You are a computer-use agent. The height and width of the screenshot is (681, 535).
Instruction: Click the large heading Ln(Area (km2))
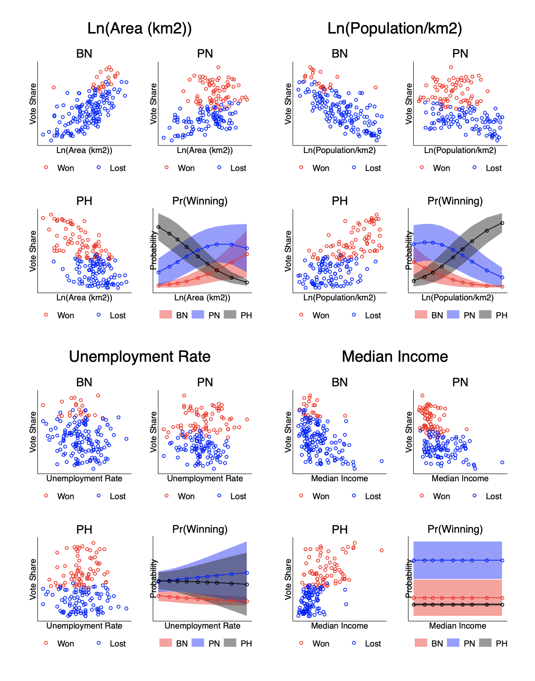click(x=140, y=28)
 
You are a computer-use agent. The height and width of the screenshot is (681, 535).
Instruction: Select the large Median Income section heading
click(x=395, y=357)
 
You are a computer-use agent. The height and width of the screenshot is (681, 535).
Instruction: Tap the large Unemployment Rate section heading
click(x=140, y=357)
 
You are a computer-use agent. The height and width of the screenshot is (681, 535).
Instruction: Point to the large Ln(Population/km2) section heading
click(x=395, y=28)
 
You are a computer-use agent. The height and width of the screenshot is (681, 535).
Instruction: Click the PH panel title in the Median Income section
click(x=340, y=529)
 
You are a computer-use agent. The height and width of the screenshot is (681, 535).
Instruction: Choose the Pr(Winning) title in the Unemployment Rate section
click(x=200, y=529)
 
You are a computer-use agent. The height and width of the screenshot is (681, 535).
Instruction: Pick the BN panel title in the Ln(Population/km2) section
click(x=340, y=54)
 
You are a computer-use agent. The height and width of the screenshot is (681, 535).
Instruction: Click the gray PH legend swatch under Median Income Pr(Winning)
click(x=485, y=643)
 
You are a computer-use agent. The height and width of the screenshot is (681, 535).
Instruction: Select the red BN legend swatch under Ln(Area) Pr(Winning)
click(x=166, y=315)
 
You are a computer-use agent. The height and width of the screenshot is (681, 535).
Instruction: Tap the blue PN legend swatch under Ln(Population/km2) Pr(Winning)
click(x=453, y=315)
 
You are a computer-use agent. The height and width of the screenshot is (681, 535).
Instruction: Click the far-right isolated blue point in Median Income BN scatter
click(x=382, y=461)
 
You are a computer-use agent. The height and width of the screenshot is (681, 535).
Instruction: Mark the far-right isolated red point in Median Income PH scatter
click(x=382, y=550)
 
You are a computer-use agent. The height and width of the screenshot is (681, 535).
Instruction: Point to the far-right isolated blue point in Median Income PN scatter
click(x=502, y=462)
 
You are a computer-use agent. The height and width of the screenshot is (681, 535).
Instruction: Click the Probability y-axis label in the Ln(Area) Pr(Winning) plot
click(x=153, y=250)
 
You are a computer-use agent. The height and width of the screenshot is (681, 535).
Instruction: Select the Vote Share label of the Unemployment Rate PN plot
click(x=153, y=432)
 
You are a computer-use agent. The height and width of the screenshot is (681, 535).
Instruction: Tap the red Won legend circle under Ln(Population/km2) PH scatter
click(x=301, y=315)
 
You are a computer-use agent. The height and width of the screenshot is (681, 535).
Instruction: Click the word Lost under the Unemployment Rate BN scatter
click(x=117, y=496)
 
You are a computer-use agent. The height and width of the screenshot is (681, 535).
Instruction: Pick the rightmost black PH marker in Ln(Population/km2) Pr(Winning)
click(x=502, y=223)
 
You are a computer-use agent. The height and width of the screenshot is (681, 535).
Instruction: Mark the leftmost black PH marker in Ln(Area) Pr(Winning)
click(x=159, y=227)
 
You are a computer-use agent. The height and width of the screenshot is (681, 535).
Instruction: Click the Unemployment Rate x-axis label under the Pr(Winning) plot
click(x=202, y=626)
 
